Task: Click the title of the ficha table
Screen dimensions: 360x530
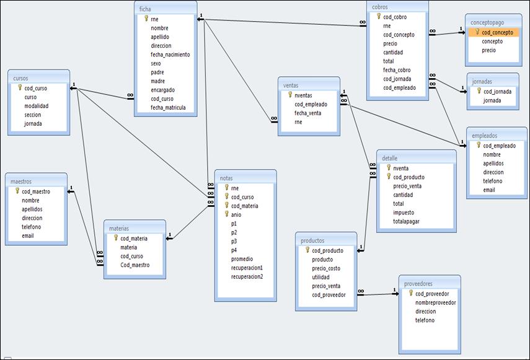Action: point(146,9)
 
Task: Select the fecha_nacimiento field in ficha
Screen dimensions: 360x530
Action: point(170,55)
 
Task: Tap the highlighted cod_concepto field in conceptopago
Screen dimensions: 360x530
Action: point(497,32)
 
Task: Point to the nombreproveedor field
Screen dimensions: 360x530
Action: point(435,302)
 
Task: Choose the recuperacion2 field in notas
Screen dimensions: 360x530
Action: point(247,276)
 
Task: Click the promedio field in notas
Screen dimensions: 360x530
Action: point(242,259)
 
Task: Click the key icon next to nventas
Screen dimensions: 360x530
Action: point(289,95)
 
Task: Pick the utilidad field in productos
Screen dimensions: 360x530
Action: point(320,277)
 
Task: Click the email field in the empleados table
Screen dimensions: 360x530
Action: point(490,190)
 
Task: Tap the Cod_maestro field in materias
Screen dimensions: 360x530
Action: point(135,265)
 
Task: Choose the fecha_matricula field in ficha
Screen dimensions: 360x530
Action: point(168,107)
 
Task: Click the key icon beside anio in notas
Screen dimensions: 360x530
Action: point(227,214)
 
